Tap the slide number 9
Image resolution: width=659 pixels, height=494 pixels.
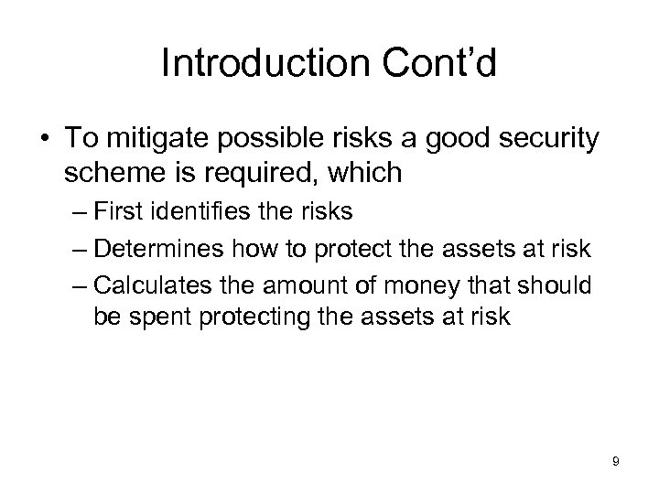click(x=615, y=462)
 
